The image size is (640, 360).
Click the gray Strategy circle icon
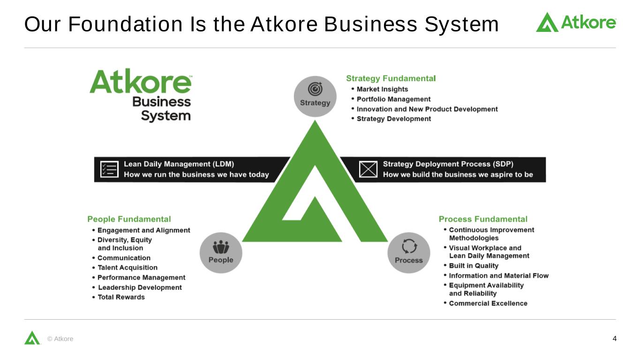315,96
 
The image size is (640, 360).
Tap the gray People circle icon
221,253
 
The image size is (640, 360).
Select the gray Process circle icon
409,253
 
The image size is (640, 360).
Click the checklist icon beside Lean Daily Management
109,169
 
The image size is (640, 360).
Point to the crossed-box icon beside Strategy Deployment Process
368,169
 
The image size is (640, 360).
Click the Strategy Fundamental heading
391,78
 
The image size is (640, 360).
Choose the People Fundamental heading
129,219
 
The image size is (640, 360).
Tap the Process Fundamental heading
483,219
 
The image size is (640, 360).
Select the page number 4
615,338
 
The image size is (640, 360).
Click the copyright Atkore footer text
60,339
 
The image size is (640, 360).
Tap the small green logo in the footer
32,337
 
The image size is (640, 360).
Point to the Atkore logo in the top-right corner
576,22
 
